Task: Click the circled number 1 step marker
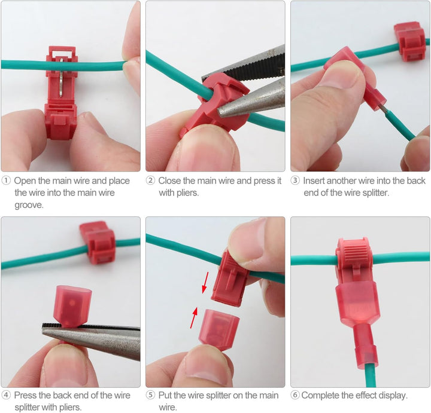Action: [x=6, y=181]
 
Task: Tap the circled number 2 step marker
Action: [x=150, y=181]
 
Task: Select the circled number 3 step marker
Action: [x=295, y=181]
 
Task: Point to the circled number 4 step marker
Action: [x=6, y=395]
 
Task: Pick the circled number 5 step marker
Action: [x=150, y=395]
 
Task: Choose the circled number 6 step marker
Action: [x=295, y=395]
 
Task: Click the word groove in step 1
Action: [x=29, y=205]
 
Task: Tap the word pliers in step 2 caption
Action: [x=187, y=193]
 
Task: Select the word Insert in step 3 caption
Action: [x=314, y=181]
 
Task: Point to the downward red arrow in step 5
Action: [x=205, y=282]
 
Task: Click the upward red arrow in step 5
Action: [x=194, y=318]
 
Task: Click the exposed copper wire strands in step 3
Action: [x=382, y=109]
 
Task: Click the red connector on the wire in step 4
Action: [x=98, y=242]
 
